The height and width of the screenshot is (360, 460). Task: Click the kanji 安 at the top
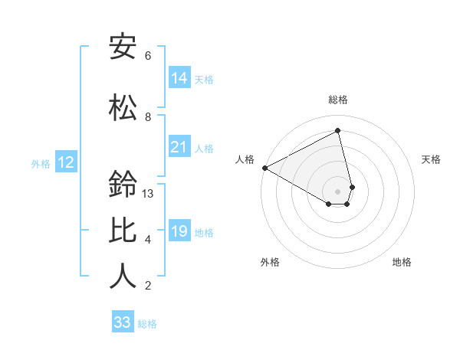pos(123,47)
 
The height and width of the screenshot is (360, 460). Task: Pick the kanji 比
pos(123,231)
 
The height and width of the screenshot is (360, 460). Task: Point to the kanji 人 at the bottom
pos(123,277)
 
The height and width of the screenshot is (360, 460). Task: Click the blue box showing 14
pos(179,78)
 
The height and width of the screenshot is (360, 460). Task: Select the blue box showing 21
pos(179,147)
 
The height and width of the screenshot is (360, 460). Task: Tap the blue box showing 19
pos(179,231)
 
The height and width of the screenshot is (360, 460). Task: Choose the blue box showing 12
pos(66,162)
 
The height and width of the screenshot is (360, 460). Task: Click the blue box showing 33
pos(123,322)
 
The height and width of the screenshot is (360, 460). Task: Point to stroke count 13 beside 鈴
pos(148,194)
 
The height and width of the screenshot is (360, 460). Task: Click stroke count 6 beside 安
pos(148,56)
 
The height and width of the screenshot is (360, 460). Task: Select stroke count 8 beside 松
pos(148,117)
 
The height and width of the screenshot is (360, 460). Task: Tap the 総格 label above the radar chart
pos(338,100)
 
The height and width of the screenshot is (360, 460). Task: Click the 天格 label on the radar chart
pos(431,159)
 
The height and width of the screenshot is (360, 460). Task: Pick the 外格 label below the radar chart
pos(270,262)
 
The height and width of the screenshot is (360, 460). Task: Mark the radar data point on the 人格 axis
pos(264,168)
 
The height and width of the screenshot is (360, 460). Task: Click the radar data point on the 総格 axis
pos(338,130)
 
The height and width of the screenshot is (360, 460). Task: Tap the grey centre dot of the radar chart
pos(338,191)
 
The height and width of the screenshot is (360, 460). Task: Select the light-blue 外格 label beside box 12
pos(41,163)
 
